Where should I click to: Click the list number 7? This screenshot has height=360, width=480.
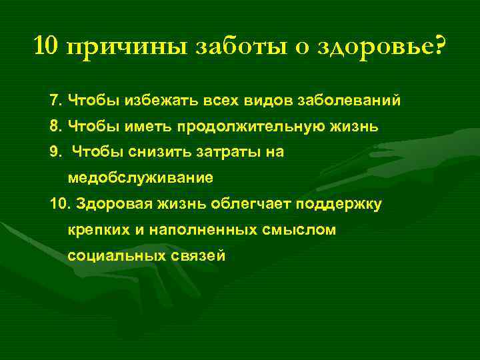55,101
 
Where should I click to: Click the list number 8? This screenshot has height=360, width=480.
55,127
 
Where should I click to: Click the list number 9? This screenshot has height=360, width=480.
55,153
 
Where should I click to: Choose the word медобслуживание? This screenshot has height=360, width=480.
140,178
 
